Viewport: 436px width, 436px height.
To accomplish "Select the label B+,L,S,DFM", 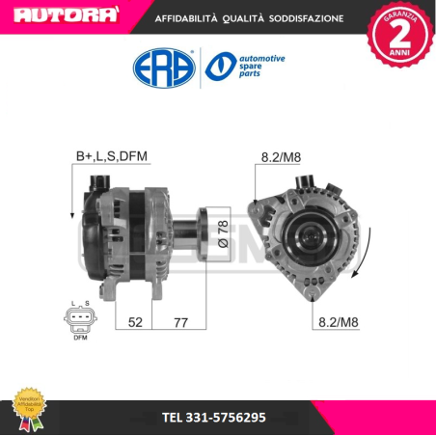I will (111, 155).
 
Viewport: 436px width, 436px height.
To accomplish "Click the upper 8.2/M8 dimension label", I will (280, 155).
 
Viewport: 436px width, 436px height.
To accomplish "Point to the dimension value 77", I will (179, 323).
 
